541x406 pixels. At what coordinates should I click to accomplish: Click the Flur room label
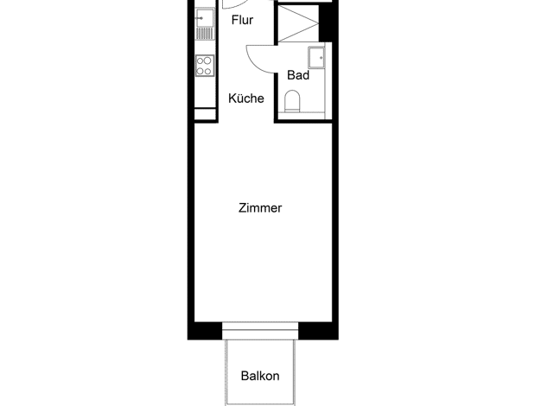click(x=242, y=20)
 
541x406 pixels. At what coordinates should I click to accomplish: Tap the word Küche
click(x=246, y=98)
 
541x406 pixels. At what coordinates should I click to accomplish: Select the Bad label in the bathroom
click(x=298, y=75)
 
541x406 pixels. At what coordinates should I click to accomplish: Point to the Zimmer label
click(x=260, y=208)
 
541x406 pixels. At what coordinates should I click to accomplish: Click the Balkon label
click(x=260, y=376)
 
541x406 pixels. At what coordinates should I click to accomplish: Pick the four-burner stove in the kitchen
click(x=205, y=66)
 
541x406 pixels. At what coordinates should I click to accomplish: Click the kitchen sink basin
click(x=205, y=17)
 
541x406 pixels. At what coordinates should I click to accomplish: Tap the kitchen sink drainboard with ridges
click(x=205, y=34)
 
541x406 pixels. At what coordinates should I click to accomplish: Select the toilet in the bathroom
click(x=292, y=101)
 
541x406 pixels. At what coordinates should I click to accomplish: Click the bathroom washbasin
click(x=316, y=58)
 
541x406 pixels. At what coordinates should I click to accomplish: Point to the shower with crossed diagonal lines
click(x=298, y=23)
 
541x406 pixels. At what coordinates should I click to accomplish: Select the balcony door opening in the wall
click(x=260, y=331)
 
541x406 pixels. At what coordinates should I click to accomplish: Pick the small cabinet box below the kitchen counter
click(x=206, y=114)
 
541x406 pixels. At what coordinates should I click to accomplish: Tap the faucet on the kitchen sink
click(x=198, y=17)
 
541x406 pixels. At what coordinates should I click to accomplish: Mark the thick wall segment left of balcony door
click(x=205, y=331)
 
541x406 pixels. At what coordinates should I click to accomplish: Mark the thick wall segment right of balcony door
click(x=318, y=331)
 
